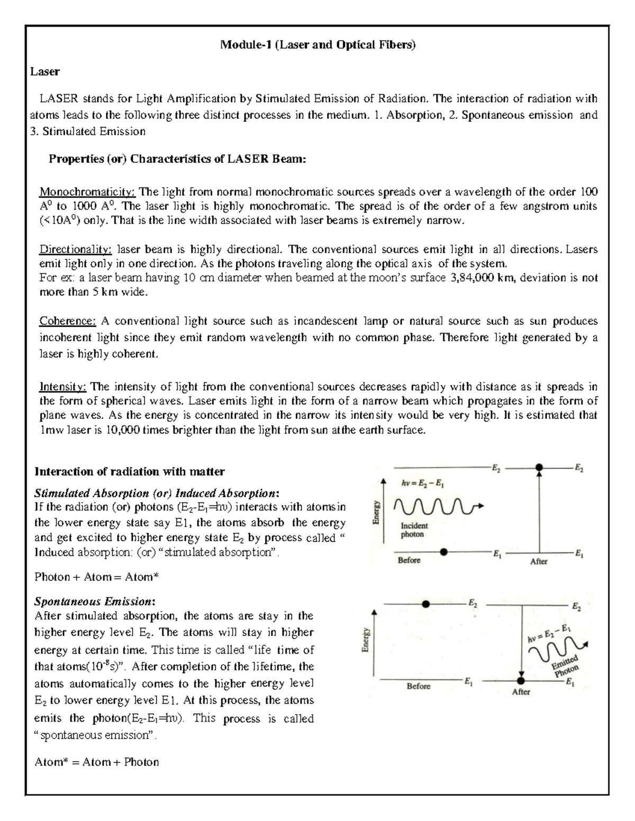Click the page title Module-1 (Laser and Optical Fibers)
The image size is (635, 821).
tap(318, 45)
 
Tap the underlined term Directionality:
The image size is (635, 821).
tap(76, 249)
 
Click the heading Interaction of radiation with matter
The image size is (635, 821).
tap(130, 471)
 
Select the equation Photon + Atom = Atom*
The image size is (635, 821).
tap(96, 577)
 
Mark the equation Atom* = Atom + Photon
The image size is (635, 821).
tap(96, 762)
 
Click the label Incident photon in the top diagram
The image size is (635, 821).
tap(413, 530)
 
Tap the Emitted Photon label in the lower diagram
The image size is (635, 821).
tap(566, 666)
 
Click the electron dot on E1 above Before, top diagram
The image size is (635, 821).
tap(443, 552)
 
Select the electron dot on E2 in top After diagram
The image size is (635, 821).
tap(539, 467)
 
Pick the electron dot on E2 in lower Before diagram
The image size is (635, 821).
tap(425, 604)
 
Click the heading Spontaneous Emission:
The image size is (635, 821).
tap(95, 602)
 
